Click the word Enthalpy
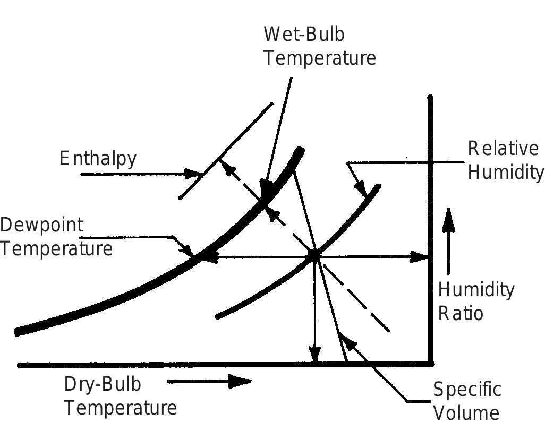click(x=98, y=159)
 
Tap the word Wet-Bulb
click(x=304, y=35)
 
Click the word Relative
click(x=503, y=149)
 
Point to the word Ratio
click(x=461, y=313)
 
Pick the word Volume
click(x=466, y=413)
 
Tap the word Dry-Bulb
click(x=103, y=384)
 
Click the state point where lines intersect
click(x=314, y=256)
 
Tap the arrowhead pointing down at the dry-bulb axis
click(x=314, y=354)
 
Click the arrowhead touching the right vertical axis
click(x=419, y=257)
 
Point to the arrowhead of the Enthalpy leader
click(x=193, y=174)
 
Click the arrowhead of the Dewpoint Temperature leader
click(x=188, y=251)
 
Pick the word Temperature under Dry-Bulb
click(x=121, y=408)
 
